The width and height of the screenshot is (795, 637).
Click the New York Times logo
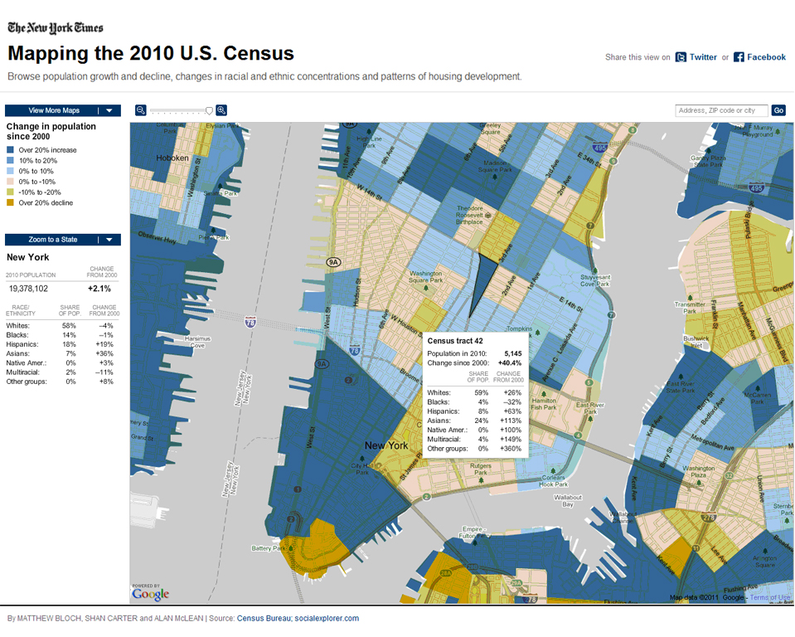point(56,27)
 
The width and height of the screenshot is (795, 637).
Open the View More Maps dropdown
point(63,110)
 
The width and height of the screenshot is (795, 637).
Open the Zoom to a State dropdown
point(63,240)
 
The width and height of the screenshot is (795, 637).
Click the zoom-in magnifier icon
point(221,110)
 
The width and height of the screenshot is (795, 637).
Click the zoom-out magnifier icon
point(141,110)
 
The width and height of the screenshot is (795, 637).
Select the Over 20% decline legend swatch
point(12,202)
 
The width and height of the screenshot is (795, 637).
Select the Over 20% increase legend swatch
point(12,150)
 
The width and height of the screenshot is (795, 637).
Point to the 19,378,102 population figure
point(30,289)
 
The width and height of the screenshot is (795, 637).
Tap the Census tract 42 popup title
point(455,340)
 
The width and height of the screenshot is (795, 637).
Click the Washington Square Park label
point(425,276)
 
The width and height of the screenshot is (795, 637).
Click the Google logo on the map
point(150,594)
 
